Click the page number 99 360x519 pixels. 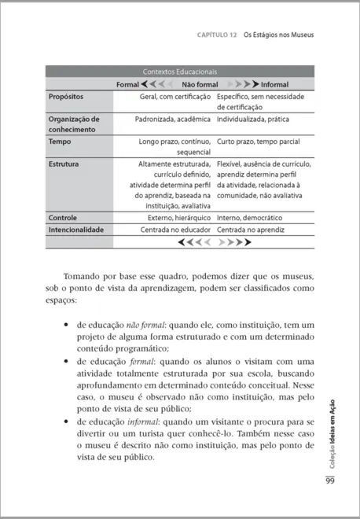330,481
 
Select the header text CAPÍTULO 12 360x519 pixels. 214,35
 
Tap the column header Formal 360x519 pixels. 127,83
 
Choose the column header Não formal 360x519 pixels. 200,83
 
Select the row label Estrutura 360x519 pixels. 65,165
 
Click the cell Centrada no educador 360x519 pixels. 174,230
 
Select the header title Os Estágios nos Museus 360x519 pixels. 279,35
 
